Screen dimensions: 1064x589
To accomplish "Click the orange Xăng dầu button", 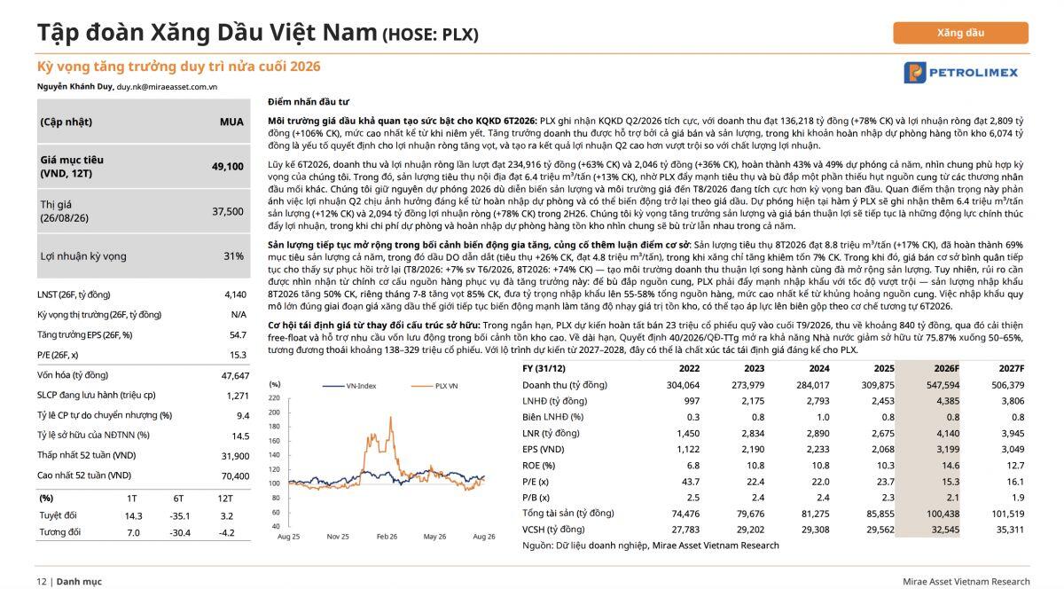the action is pyautogui.click(x=960, y=33).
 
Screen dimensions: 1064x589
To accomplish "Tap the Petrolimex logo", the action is pyautogui.click(x=960, y=73).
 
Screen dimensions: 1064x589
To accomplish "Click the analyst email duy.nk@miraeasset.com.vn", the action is pyautogui.click(x=167, y=87).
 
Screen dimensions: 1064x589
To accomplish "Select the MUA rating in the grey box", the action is pyautogui.click(x=231, y=122).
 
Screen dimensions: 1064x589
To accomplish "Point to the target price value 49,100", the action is pyautogui.click(x=228, y=167).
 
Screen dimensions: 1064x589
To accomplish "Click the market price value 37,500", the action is pyautogui.click(x=228, y=211).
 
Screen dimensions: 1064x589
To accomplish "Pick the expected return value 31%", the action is pyautogui.click(x=233, y=256).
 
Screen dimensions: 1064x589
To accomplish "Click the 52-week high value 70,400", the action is pyautogui.click(x=235, y=475).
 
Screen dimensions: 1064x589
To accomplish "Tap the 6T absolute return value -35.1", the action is pyautogui.click(x=179, y=516).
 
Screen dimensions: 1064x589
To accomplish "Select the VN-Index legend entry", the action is pyautogui.click(x=349, y=386).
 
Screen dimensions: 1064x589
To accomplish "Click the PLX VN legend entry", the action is pyautogui.click(x=434, y=386).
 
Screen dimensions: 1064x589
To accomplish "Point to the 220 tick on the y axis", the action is pyautogui.click(x=275, y=398).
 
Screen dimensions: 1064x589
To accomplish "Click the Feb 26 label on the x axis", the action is pyautogui.click(x=387, y=537).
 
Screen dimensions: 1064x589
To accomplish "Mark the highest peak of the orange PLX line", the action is pyautogui.click(x=391, y=417).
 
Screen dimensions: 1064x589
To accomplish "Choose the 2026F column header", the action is pyautogui.click(x=947, y=368).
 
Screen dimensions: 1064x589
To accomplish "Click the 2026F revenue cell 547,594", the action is pyautogui.click(x=943, y=385).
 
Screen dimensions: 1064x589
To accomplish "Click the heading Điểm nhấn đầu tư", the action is pyautogui.click(x=309, y=102).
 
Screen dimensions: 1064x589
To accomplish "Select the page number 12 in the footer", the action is pyautogui.click(x=42, y=581).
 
